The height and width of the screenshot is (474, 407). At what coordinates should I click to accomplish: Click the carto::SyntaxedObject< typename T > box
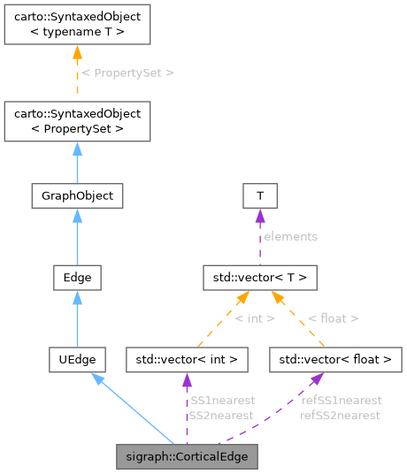[x=77, y=26]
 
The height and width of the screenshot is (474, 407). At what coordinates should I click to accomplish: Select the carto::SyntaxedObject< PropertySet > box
[x=77, y=121]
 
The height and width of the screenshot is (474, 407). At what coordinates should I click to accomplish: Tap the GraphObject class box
[x=77, y=195]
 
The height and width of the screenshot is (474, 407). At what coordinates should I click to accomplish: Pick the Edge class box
[x=77, y=278]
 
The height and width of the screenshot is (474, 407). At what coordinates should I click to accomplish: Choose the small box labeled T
[x=260, y=195]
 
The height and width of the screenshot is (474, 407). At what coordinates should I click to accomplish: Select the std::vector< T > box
[x=260, y=278]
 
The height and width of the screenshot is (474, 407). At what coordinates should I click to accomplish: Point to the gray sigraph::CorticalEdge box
[x=188, y=456]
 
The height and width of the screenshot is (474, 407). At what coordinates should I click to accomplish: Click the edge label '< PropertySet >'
[x=127, y=73]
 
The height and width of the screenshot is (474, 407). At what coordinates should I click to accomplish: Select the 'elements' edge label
[x=290, y=236]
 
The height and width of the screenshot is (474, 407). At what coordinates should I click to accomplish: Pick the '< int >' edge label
[x=255, y=317]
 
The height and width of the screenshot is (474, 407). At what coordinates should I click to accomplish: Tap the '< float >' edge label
[x=333, y=317]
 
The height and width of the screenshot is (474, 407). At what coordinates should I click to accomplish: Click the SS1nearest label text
[x=221, y=401]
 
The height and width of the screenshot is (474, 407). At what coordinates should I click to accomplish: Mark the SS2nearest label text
[x=221, y=415]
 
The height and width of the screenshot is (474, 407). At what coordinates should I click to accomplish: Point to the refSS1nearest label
[x=341, y=401]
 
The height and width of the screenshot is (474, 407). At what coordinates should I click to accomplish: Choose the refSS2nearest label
[x=341, y=415]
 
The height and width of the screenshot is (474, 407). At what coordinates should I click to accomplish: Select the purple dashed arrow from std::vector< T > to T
[x=260, y=236]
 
